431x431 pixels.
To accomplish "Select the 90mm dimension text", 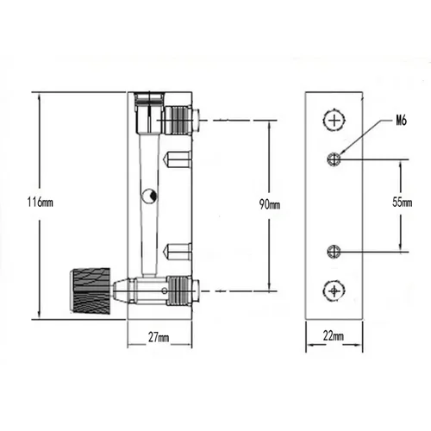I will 269,204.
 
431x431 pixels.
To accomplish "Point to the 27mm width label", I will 159,336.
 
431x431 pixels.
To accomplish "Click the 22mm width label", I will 334,336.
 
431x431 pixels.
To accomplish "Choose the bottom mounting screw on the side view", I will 334,290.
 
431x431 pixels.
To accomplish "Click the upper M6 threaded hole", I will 334,158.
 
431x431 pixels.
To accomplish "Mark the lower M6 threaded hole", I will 334,251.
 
